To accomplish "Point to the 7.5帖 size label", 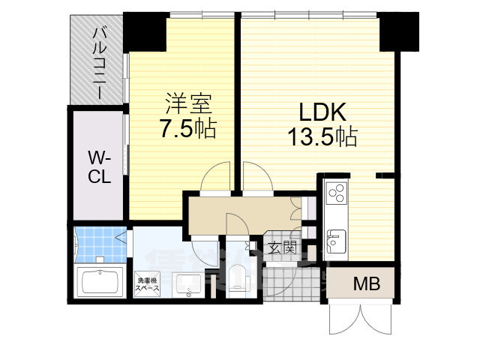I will (187, 128).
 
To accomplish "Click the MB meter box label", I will (367, 284).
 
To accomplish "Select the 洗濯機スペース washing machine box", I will (147, 286).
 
